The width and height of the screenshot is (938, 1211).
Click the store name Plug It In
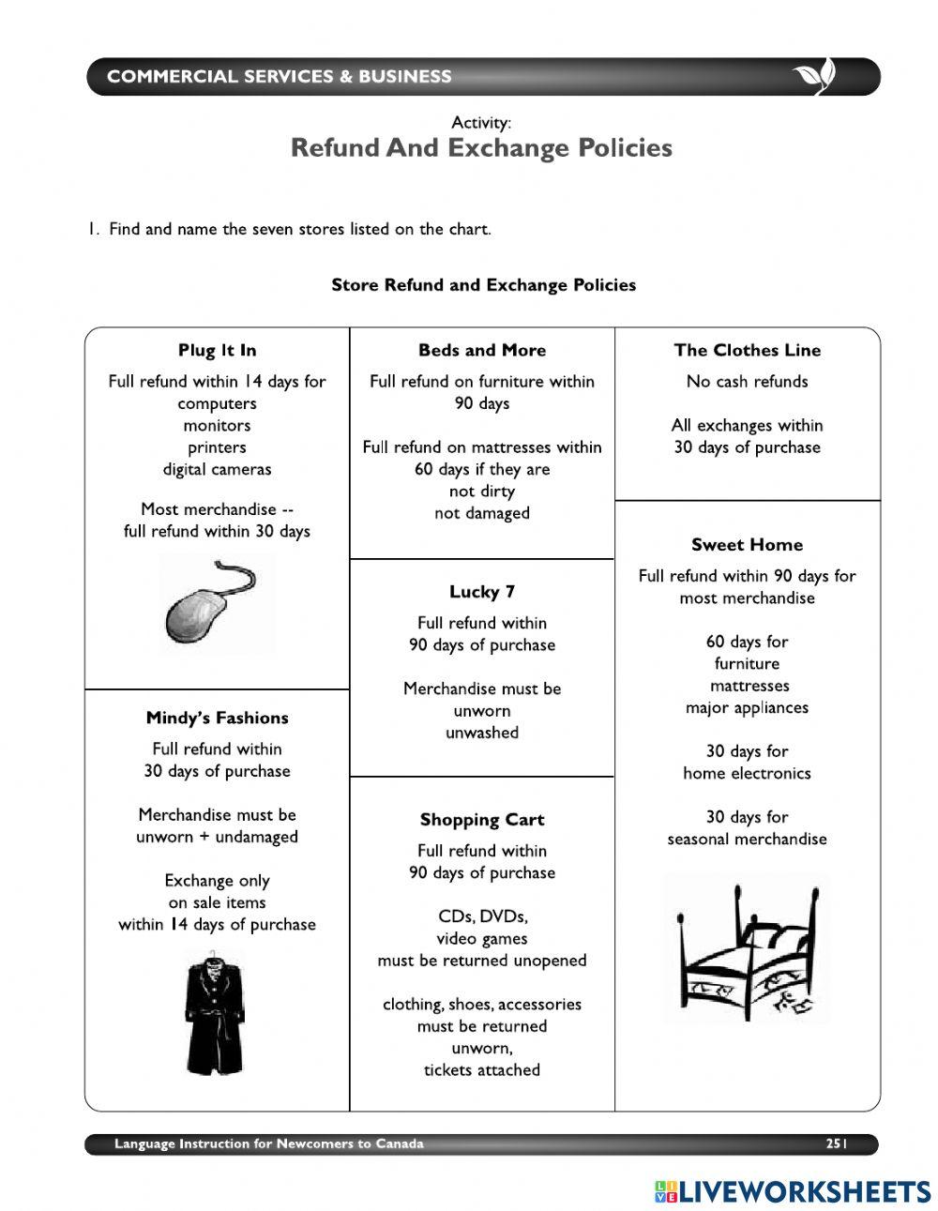(217, 350)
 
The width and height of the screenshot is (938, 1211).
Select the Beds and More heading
(482, 350)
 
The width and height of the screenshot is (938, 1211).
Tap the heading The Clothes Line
(747, 350)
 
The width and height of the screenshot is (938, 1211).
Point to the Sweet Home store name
(747, 544)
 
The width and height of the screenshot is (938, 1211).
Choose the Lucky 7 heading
(482, 591)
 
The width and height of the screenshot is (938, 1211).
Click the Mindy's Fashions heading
(217, 718)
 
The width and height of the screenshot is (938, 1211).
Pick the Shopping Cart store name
(482, 819)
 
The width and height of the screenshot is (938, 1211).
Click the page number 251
(837, 1143)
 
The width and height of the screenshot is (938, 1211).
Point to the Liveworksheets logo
(793, 1191)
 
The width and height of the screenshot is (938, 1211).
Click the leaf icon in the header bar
(813, 77)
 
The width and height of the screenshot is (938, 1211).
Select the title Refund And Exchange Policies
(481, 148)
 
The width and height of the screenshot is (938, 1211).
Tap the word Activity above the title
(481, 122)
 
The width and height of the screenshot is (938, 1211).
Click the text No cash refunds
(747, 381)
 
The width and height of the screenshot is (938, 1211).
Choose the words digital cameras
(217, 469)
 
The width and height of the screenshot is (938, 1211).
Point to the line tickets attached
(482, 1069)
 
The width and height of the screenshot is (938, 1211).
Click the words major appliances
(747, 707)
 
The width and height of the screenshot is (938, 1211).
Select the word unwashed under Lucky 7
(482, 733)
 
